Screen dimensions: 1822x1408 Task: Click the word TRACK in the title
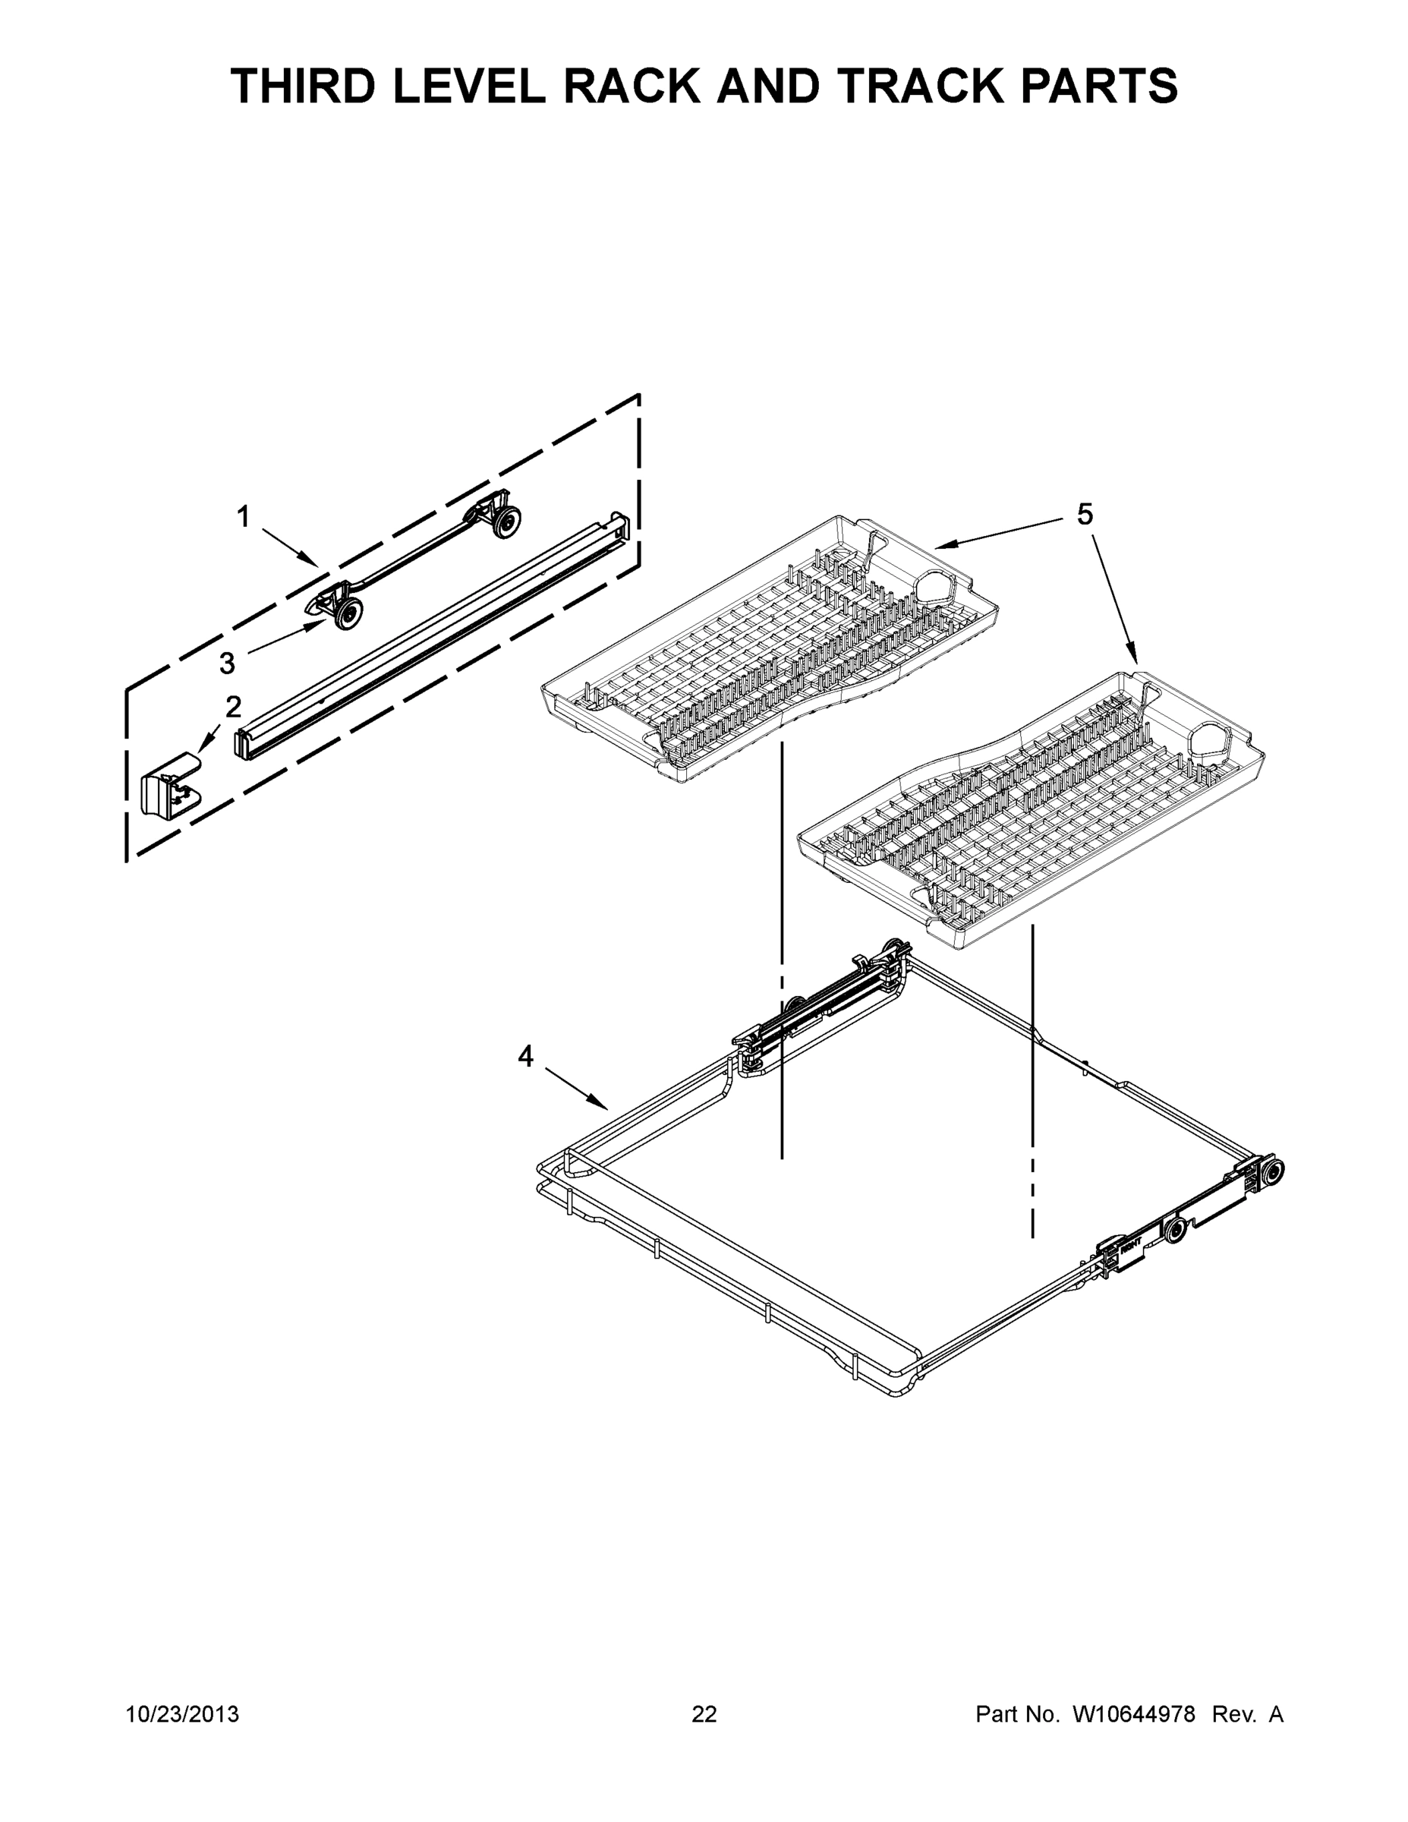(913, 86)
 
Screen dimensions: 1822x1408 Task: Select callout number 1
(243, 518)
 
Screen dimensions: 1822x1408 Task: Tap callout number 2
(234, 707)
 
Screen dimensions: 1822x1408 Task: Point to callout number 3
(227, 664)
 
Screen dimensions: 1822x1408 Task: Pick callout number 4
(524, 1057)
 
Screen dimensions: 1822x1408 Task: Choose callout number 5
(1085, 515)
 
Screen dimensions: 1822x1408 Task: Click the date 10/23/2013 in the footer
(182, 1714)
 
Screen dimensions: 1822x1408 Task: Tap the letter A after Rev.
(1275, 1714)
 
